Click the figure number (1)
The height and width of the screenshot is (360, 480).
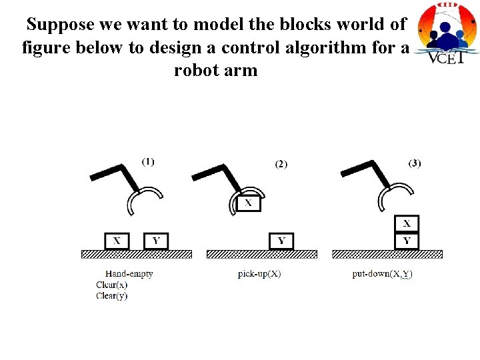pos(148,161)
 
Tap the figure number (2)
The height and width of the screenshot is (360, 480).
pos(281,164)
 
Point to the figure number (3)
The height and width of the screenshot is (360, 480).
pos(415,163)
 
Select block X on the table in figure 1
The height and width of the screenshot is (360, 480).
pos(117,241)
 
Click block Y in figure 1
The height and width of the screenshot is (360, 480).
pos(156,241)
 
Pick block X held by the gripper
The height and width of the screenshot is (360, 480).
pos(248,202)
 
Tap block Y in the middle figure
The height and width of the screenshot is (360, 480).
pos(281,241)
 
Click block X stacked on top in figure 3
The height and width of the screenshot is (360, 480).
pos(407,224)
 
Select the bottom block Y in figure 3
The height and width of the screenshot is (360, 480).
pos(407,240)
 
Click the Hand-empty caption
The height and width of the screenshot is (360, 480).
pos(129,273)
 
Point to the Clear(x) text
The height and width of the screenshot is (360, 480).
pos(111,285)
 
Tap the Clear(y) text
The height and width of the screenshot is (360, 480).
pos(111,295)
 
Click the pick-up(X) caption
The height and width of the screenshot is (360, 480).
pos(259,273)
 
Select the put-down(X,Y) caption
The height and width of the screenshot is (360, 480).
pos(382,273)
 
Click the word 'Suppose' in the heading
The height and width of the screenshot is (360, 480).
pos(59,25)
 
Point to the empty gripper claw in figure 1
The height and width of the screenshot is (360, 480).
pos(143,199)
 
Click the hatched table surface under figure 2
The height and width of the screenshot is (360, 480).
pos(262,254)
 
